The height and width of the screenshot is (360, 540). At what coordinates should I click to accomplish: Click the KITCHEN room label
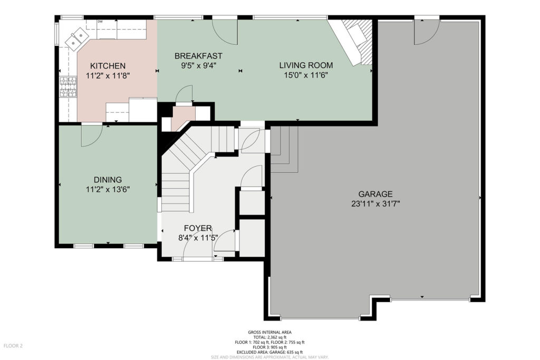[108, 66]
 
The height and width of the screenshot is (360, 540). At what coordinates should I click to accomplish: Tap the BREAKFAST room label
[198, 56]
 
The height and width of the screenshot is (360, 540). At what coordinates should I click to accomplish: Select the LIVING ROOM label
[306, 65]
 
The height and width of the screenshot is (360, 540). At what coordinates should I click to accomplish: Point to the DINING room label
[108, 180]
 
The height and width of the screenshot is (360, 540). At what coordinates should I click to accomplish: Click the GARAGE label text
[375, 194]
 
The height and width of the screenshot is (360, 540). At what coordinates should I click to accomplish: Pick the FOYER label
[198, 228]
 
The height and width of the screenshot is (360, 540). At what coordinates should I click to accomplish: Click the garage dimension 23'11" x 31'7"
[375, 204]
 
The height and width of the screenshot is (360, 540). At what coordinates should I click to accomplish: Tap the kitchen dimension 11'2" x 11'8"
[108, 76]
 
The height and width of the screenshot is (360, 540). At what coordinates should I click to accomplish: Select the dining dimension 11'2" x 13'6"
[108, 189]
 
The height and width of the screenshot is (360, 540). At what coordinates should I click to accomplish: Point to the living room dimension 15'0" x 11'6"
[306, 75]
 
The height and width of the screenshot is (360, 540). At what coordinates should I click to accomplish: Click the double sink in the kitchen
[76, 38]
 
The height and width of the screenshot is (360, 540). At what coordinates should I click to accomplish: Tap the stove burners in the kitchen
[68, 87]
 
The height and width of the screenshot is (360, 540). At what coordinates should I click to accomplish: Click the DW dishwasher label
[100, 22]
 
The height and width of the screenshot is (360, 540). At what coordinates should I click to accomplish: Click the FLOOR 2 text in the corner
[13, 346]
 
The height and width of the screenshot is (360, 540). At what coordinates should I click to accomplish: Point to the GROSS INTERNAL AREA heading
[269, 332]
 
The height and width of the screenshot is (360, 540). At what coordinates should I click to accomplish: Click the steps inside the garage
[284, 149]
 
